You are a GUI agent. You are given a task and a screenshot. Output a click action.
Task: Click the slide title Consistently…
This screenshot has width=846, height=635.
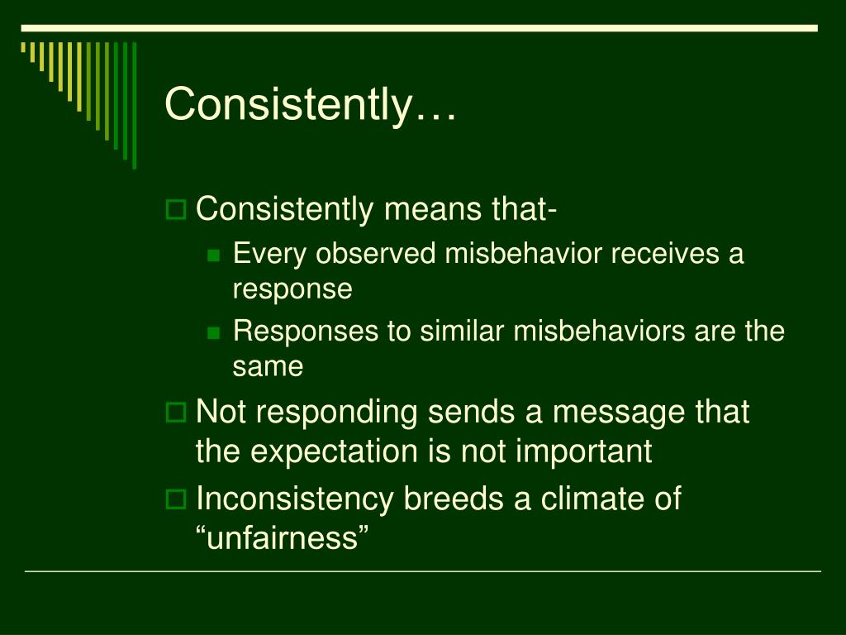(311, 104)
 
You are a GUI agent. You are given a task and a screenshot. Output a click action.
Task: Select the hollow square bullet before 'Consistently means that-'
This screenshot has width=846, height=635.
(175, 209)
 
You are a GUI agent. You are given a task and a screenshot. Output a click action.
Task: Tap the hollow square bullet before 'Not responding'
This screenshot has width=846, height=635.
(175, 413)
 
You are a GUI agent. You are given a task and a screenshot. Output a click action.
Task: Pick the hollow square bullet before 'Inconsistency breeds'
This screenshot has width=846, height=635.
(175, 499)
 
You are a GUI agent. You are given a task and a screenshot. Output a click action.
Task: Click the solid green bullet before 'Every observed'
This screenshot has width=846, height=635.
(214, 255)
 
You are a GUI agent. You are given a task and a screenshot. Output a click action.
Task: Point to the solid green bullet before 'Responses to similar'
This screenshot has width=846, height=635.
(214, 332)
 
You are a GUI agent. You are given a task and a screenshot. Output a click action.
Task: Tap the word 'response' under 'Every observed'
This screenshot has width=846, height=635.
(292, 289)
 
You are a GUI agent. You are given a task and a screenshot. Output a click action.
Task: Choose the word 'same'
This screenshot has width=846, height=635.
(268, 366)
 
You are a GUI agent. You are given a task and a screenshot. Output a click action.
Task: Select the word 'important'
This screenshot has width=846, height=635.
(583, 451)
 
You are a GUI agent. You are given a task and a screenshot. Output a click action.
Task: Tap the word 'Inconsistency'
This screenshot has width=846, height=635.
(295, 499)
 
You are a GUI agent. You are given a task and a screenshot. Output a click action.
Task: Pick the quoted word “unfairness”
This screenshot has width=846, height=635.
(283, 537)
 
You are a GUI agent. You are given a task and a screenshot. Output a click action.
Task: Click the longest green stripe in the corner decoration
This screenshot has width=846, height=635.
(135, 105)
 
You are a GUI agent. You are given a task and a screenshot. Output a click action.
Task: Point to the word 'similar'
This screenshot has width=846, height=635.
(462, 331)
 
